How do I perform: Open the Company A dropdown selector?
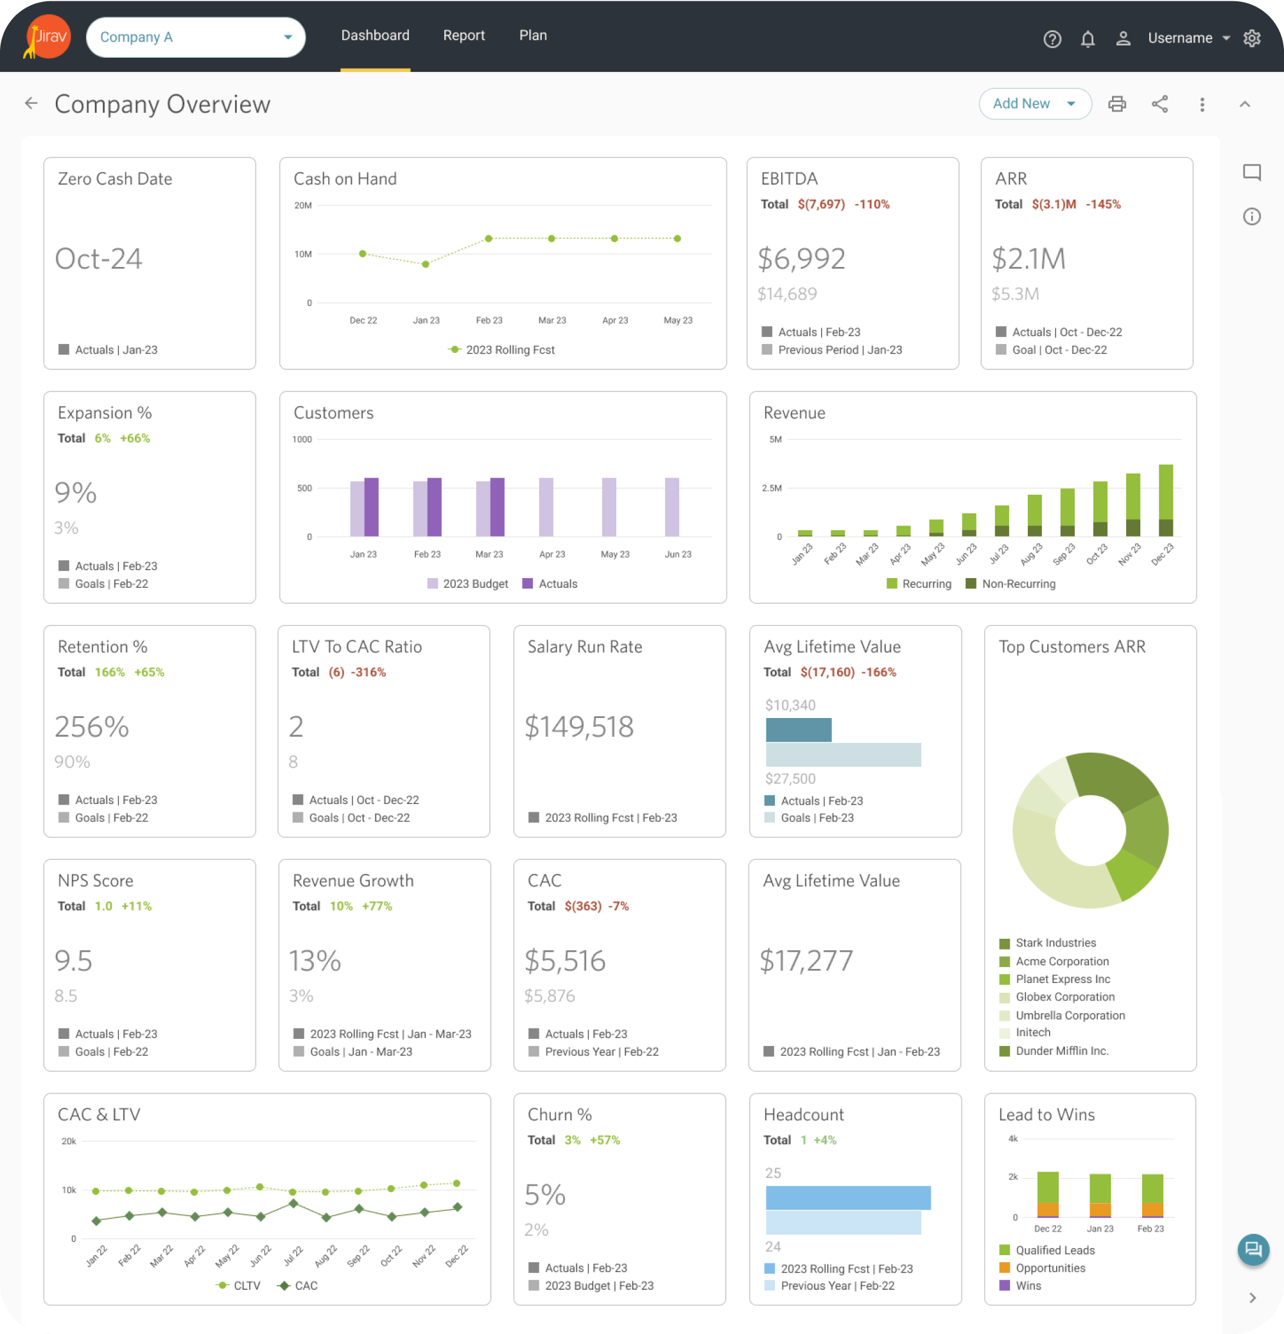[195, 37]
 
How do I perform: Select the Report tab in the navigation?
[464, 35]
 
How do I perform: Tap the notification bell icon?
[1088, 38]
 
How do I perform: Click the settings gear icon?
[1251, 38]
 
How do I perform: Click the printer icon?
[1116, 104]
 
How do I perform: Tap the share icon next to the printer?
[1159, 104]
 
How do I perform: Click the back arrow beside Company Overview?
[31, 103]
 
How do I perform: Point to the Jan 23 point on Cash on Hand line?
[426, 264]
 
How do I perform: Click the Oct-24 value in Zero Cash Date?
[99, 259]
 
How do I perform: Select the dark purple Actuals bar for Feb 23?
[435, 507]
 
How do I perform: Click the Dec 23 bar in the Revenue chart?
[1165, 500]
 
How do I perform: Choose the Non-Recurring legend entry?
[1011, 584]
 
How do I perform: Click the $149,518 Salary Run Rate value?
[578, 727]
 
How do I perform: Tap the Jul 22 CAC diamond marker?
[293, 1203]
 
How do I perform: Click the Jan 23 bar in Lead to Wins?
[1100, 1195]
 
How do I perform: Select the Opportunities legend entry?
[1049, 1268]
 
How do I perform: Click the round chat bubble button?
[1253, 1249]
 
